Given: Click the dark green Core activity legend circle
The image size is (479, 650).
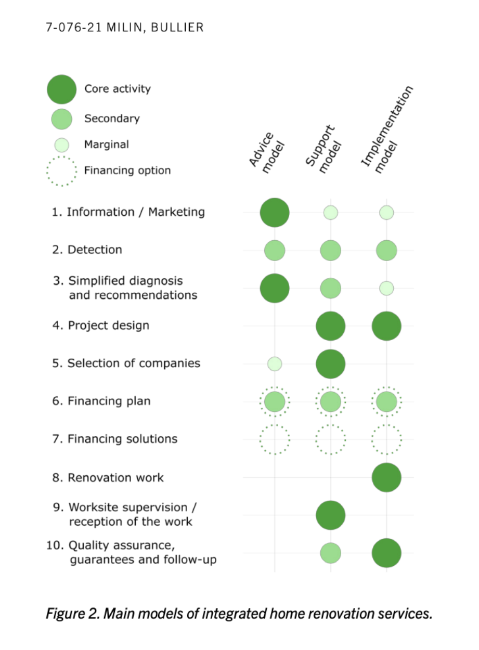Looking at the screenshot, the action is (x=62, y=89).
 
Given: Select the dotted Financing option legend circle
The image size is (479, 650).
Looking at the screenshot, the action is (x=62, y=171).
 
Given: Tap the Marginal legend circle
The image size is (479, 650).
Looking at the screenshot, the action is (x=62, y=145).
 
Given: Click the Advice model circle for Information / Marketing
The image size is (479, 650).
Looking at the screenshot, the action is (x=275, y=212).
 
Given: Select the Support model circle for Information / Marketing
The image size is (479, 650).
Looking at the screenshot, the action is (x=331, y=212).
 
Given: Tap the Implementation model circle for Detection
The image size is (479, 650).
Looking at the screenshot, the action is (x=386, y=250).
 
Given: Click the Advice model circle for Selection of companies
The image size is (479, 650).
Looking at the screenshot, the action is (x=275, y=364).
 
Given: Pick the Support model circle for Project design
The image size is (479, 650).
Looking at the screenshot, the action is (x=331, y=326).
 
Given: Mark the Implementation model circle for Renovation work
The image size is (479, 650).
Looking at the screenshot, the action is (x=386, y=477).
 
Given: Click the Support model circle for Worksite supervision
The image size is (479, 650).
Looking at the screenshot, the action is (x=331, y=515).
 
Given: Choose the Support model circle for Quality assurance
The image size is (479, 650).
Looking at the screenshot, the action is (x=331, y=553).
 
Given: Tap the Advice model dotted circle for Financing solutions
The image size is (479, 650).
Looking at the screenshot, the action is (x=275, y=439).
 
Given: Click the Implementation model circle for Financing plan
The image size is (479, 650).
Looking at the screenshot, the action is (x=386, y=401).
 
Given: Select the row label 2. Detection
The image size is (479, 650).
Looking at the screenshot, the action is (x=87, y=250).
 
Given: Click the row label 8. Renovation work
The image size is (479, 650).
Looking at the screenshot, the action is (x=108, y=477).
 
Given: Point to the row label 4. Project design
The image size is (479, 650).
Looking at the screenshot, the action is (x=100, y=326).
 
